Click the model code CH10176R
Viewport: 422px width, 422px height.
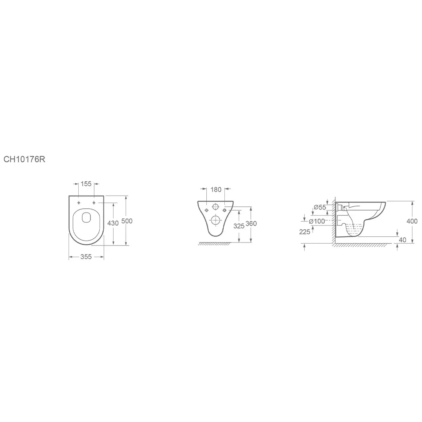click(x=24, y=159)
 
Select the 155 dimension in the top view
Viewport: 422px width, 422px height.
click(x=86, y=184)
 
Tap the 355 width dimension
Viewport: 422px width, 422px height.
click(x=86, y=257)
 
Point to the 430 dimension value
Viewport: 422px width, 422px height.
click(x=113, y=223)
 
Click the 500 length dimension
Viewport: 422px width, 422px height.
click(x=127, y=221)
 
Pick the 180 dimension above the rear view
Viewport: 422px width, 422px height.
click(x=216, y=190)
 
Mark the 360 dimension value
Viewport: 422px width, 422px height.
click(x=251, y=224)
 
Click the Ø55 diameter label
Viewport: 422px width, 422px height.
click(x=320, y=207)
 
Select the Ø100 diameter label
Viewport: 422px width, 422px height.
click(x=317, y=221)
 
